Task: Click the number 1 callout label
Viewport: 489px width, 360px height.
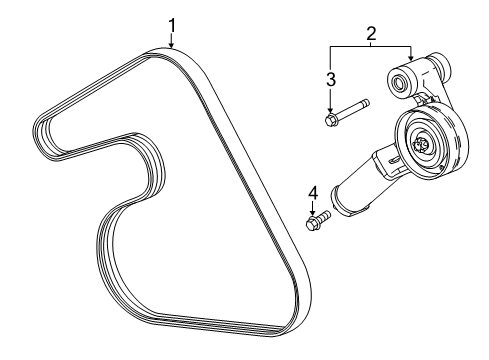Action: tap(171, 23)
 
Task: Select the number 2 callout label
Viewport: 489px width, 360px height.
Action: tap(370, 34)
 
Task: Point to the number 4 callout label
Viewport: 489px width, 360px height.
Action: tap(312, 191)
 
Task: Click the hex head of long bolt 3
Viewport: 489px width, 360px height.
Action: tap(331, 121)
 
